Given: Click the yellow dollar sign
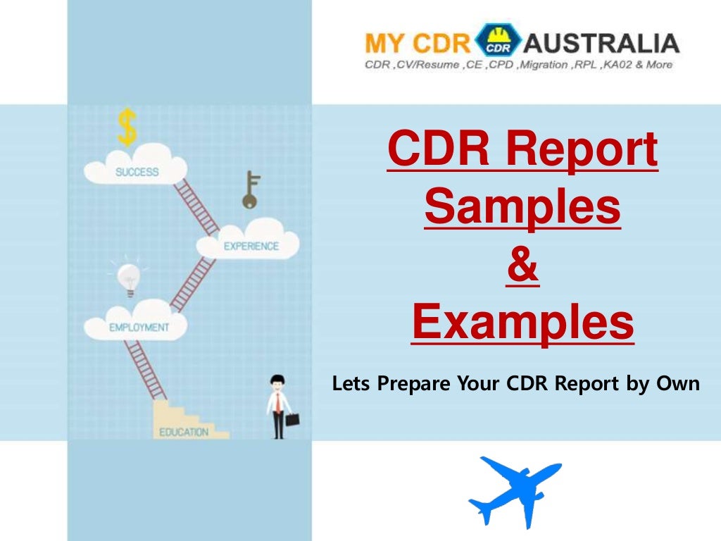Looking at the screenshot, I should (127, 127).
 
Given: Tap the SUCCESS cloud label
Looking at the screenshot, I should (137, 172).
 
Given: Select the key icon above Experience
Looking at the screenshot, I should (250, 190).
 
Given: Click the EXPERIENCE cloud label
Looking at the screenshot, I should (251, 247).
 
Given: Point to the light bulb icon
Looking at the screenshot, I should (128, 278).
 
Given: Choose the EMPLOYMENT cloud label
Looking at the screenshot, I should (139, 328).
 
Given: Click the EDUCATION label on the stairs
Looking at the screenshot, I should (184, 432).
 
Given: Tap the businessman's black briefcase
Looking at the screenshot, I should (292, 419).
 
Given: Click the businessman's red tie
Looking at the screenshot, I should (279, 404).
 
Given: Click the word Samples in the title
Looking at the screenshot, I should (522, 209).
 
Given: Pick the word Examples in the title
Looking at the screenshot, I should (522, 325).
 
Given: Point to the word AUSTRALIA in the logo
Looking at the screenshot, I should (602, 43).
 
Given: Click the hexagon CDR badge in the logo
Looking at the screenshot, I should (498, 41).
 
